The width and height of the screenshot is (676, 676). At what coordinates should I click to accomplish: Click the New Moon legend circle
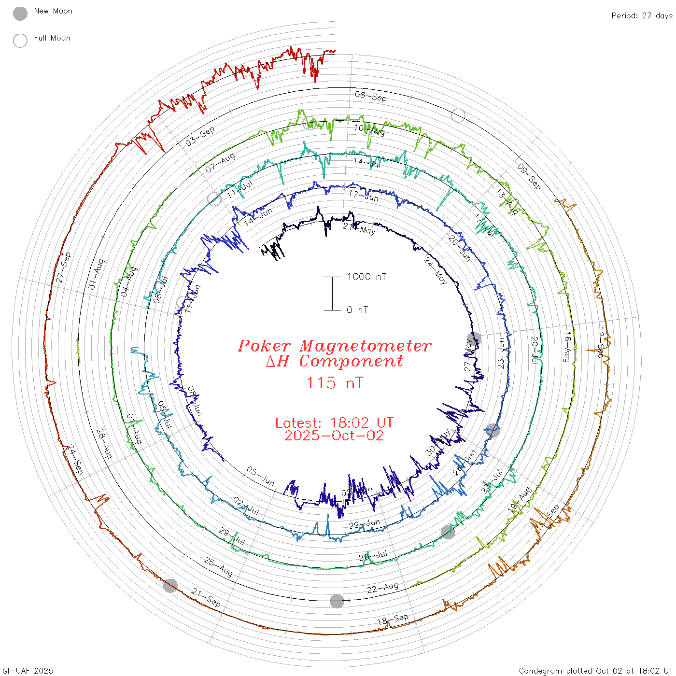click(x=20, y=14)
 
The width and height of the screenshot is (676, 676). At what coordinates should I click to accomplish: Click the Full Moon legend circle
click(x=20, y=41)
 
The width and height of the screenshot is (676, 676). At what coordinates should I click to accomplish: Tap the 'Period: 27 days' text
click(x=642, y=16)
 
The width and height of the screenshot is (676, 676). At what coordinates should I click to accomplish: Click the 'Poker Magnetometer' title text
click(x=334, y=346)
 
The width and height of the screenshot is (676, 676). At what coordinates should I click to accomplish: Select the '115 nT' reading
click(x=334, y=383)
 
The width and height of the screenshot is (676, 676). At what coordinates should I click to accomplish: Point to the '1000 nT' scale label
click(x=366, y=277)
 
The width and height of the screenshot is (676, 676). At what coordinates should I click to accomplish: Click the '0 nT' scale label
click(x=357, y=310)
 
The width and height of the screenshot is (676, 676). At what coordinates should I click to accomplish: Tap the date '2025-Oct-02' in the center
click(x=334, y=436)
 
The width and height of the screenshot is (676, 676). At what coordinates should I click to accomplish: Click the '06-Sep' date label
click(x=371, y=96)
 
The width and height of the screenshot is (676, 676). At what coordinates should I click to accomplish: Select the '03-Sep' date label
click(x=199, y=137)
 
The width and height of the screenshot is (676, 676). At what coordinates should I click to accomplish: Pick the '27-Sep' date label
click(x=63, y=268)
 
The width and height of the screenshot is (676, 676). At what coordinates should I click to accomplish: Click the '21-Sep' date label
click(x=206, y=597)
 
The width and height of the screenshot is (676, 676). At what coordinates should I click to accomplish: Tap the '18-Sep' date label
click(x=393, y=620)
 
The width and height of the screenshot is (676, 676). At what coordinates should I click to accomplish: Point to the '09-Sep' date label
click(x=529, y=176)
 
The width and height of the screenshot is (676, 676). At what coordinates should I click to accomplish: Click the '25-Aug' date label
click(x=218, y=567)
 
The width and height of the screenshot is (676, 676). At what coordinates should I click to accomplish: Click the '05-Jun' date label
click(x=261, y=476)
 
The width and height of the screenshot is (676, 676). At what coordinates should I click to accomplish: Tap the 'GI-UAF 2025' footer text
click(x=28, y=671)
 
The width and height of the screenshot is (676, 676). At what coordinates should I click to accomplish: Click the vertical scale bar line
click(x=332, y=293)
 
